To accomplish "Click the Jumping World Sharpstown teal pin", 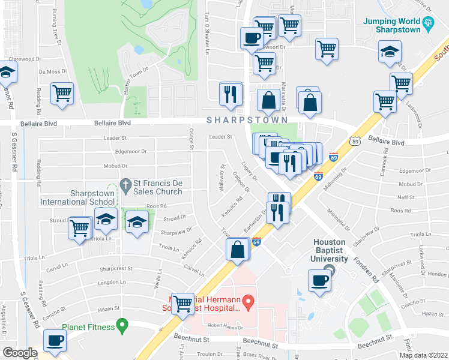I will click(428, 23).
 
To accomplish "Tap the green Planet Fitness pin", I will click(122, 327).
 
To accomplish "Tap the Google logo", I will click(20, 353).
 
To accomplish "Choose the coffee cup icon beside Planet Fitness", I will click(56, 341).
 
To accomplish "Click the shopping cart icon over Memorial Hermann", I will click(182, 303).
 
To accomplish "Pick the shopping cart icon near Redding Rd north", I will click(62, 94).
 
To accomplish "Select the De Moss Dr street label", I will click(50, 71).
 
